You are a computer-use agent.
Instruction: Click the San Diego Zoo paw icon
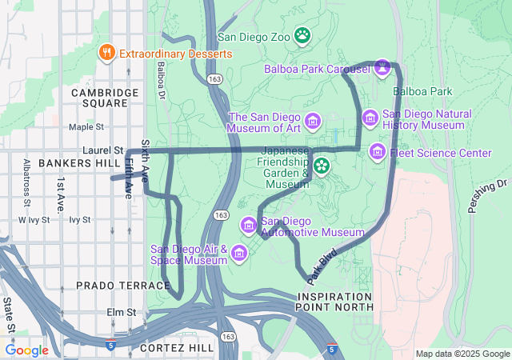point(302,34)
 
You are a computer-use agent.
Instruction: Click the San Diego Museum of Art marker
point(313,122)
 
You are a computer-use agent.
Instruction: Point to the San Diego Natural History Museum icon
point(370,118)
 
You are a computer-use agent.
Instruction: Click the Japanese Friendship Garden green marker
point(322,166)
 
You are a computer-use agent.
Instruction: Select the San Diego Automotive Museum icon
point(250,226)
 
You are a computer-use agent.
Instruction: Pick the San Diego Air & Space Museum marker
point(238,254)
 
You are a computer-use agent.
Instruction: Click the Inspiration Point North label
point(334,301)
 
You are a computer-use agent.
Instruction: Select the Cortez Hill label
point(176,348)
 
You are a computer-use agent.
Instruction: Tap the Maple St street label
point(86,126)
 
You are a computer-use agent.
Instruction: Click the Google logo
point(26,350)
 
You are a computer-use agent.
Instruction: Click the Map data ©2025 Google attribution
point(462,354)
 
